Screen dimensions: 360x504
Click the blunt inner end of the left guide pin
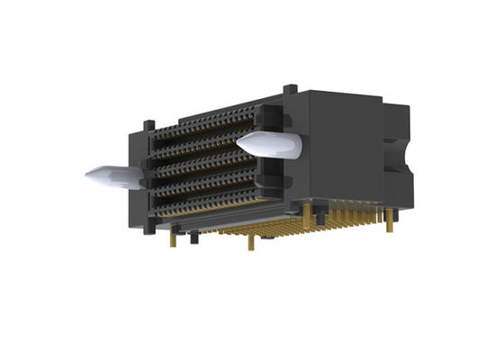136,176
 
